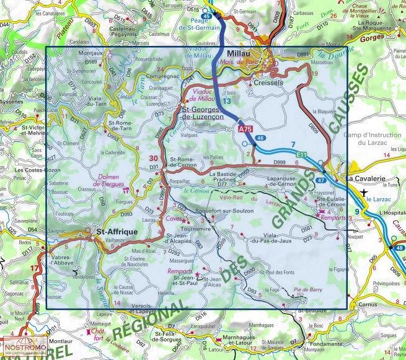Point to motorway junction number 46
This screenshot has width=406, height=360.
260,138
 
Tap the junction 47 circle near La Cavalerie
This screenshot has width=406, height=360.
320,180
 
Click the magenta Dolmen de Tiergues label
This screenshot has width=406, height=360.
112,180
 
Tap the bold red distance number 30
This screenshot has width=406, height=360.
153,159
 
